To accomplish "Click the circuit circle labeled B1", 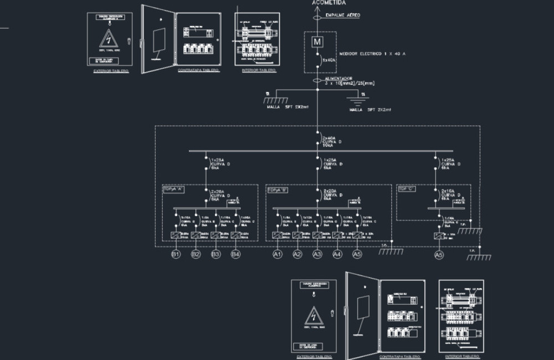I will coord(176,254).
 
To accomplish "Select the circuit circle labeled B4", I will coord(235,254).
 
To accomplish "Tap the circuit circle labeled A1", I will coord(278,254).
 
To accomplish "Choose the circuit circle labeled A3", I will coord(317,254).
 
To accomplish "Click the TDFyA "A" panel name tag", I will coord(173,189).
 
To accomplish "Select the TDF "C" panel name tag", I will coord(407,189).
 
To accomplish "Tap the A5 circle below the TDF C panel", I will coord(438,255).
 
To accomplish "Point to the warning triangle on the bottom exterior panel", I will coord(313,316).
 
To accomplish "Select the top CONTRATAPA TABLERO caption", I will coord(198,71).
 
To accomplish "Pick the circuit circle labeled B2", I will coord(196,254).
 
